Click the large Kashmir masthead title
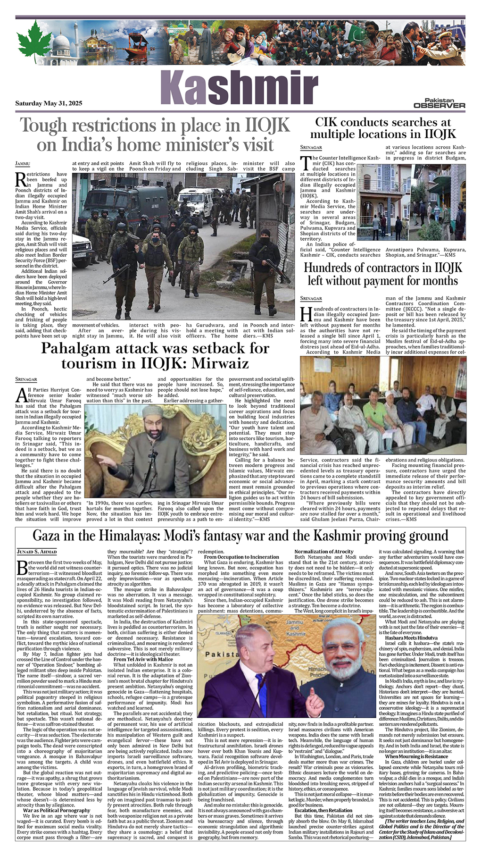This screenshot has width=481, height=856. (x=239, y=88)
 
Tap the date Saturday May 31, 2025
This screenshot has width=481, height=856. (x=49, y=103)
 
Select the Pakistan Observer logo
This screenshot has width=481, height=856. (x=439, y=103)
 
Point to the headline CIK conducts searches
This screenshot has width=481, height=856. (x=383, y=128)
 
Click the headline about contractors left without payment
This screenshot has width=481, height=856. (x=383, y=274)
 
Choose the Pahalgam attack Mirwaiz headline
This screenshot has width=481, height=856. (x=155, y=356)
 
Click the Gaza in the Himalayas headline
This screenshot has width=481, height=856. (x=240, y=536)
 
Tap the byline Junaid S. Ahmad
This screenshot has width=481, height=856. (x=37, y=552)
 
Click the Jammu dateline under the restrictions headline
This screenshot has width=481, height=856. (x=23, y=164)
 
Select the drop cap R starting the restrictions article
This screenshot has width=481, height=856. (x=21, y=179)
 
